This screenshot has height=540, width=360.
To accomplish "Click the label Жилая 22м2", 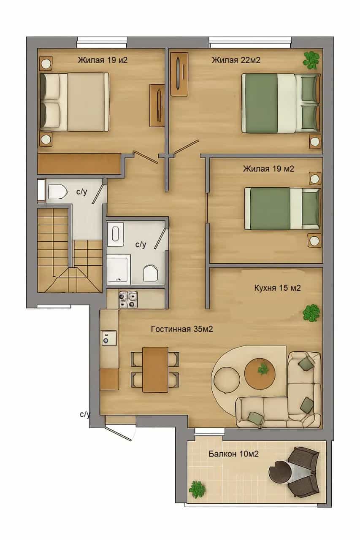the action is pos(236,60).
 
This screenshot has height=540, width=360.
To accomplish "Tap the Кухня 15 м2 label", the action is pos(277,288).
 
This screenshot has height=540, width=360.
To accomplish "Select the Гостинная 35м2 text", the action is pos(182,329).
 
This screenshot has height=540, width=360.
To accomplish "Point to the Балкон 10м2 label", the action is pos(234,454).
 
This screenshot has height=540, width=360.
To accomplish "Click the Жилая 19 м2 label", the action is pos(268,169).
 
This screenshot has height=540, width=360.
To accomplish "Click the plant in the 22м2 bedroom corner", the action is pos(311,60).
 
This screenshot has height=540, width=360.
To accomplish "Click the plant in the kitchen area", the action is pos(311,313).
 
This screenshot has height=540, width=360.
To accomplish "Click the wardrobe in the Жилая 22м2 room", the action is pos(179,74).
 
